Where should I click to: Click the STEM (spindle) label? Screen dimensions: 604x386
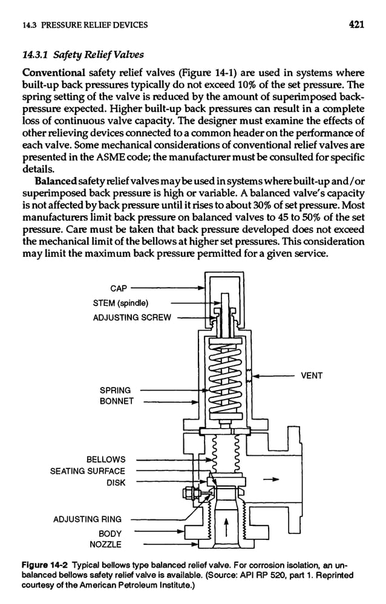point(121,303)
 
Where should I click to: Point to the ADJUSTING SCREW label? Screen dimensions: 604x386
point(132,317)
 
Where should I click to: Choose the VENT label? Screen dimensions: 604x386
point(312,376)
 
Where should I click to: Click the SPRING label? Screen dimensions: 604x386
point(114,390)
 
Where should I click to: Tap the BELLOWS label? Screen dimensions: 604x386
point(106,460)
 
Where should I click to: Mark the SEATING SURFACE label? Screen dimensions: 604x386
point(87,471)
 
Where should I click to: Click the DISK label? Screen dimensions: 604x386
point(116,482)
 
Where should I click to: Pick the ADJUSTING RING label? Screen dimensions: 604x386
point(87,519)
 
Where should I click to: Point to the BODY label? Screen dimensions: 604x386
point(111,534)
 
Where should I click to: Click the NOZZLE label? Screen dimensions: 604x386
point(106,545)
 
